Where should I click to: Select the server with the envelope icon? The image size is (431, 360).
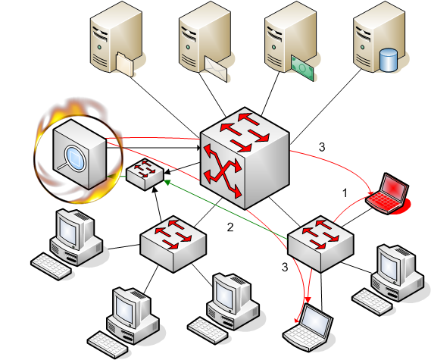[205, 41]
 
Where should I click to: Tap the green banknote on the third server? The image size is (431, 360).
[302, 67]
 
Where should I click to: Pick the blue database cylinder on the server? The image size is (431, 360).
[388, 60]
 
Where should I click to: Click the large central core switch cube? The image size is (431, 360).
[245, 158]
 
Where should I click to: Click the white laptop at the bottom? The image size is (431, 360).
[308, 328]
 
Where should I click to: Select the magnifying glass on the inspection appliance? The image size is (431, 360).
[73, 157]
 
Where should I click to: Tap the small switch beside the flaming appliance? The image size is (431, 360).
[145, 174]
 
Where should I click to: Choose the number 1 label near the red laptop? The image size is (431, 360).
[345, 193]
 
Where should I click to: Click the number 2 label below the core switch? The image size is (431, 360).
[230, 227]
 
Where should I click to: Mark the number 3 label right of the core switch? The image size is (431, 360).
[322, 147]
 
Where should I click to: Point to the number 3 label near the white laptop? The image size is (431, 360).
[285, 267]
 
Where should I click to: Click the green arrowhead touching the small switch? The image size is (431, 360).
[167, 183]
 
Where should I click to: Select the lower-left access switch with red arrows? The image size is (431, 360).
[173, 244]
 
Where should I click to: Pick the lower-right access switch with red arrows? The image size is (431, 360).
[320, 244]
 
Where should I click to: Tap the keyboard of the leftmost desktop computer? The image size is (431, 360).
[52, 266]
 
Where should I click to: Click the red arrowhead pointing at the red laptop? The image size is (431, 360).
[371, 193]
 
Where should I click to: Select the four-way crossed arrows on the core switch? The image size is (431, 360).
[223, 171]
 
